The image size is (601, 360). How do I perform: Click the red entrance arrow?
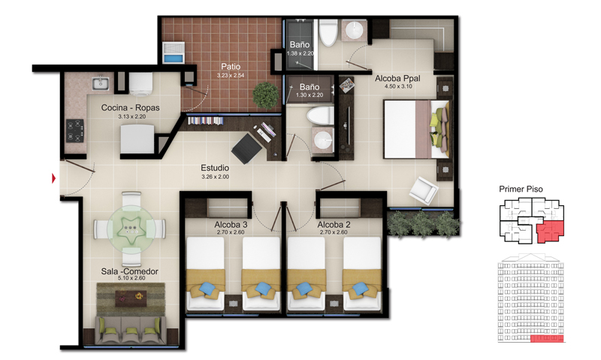point(54,178)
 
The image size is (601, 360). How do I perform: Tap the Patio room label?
point(231,67)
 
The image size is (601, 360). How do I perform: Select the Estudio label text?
point(215,168)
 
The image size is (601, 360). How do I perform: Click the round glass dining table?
point(131,229)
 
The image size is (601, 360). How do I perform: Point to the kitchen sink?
point(101,83)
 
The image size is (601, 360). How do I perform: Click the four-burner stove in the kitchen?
point(74,131)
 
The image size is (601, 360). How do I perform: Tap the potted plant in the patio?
point(266,95)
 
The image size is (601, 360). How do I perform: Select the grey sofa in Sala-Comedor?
point(131,330)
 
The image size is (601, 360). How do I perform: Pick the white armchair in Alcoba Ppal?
point(424,191)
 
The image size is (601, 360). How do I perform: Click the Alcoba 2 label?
point(334,225)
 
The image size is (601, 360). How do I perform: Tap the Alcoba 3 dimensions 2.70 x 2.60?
point(231,232)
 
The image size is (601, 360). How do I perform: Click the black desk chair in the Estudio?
point(247,148)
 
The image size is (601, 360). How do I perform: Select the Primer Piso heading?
point(521,189)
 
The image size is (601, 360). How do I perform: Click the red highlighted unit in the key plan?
point(551,231)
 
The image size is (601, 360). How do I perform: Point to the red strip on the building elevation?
point(547,338)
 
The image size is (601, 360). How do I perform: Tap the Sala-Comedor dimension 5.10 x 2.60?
point(131,278)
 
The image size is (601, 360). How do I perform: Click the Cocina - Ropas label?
point(130,107)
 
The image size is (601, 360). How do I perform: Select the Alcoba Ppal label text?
point(397,78)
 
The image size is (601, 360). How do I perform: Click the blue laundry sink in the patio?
point(174,53)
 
